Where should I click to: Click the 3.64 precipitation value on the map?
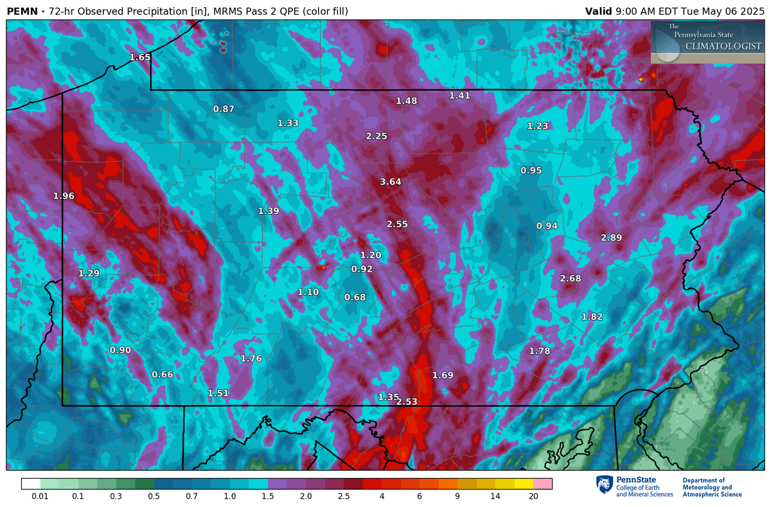coord(390,182)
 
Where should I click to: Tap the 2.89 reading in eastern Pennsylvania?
coord(611,238)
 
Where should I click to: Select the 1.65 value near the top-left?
coord(139,57)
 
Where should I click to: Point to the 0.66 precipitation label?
coord(162,375)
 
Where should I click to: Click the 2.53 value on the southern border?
coord(407,402)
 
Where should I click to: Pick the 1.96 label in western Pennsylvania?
coord(64,196)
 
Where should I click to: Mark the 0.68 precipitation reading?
coord(355,297)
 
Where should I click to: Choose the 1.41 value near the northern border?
coord(459,96)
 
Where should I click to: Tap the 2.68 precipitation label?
coord(570,278)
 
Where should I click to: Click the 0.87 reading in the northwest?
coord(224,109)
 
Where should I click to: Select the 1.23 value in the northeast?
coord(537,126)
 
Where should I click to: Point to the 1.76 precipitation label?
coord(251,359)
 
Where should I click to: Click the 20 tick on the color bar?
coord(533,497)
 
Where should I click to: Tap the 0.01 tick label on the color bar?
coord(40,497)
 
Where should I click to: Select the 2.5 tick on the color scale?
coord(344,497)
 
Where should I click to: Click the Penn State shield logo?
coord(603,486)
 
